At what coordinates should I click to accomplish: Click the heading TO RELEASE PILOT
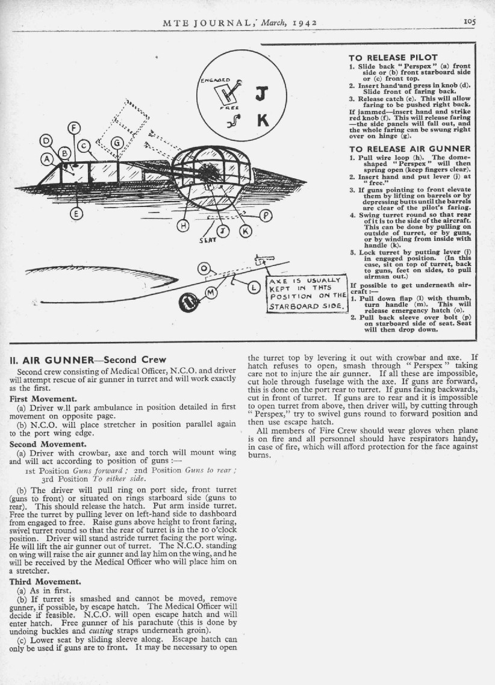tap(393, 57)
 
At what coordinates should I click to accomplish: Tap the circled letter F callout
tap(75, 128)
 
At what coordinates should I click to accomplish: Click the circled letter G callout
tap(117, 143)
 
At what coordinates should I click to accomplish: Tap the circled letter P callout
tap(267, 215)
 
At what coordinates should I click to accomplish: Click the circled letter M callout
tap(210, 293)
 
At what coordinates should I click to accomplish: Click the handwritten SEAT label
tap(198, 240)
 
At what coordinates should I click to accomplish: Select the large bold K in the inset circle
tap(263, 121)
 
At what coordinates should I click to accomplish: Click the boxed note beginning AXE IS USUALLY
tap(307, 295)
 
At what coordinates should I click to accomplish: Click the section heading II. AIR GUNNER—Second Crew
tap(88, 360)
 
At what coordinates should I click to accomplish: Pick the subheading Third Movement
tap(44, 582)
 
